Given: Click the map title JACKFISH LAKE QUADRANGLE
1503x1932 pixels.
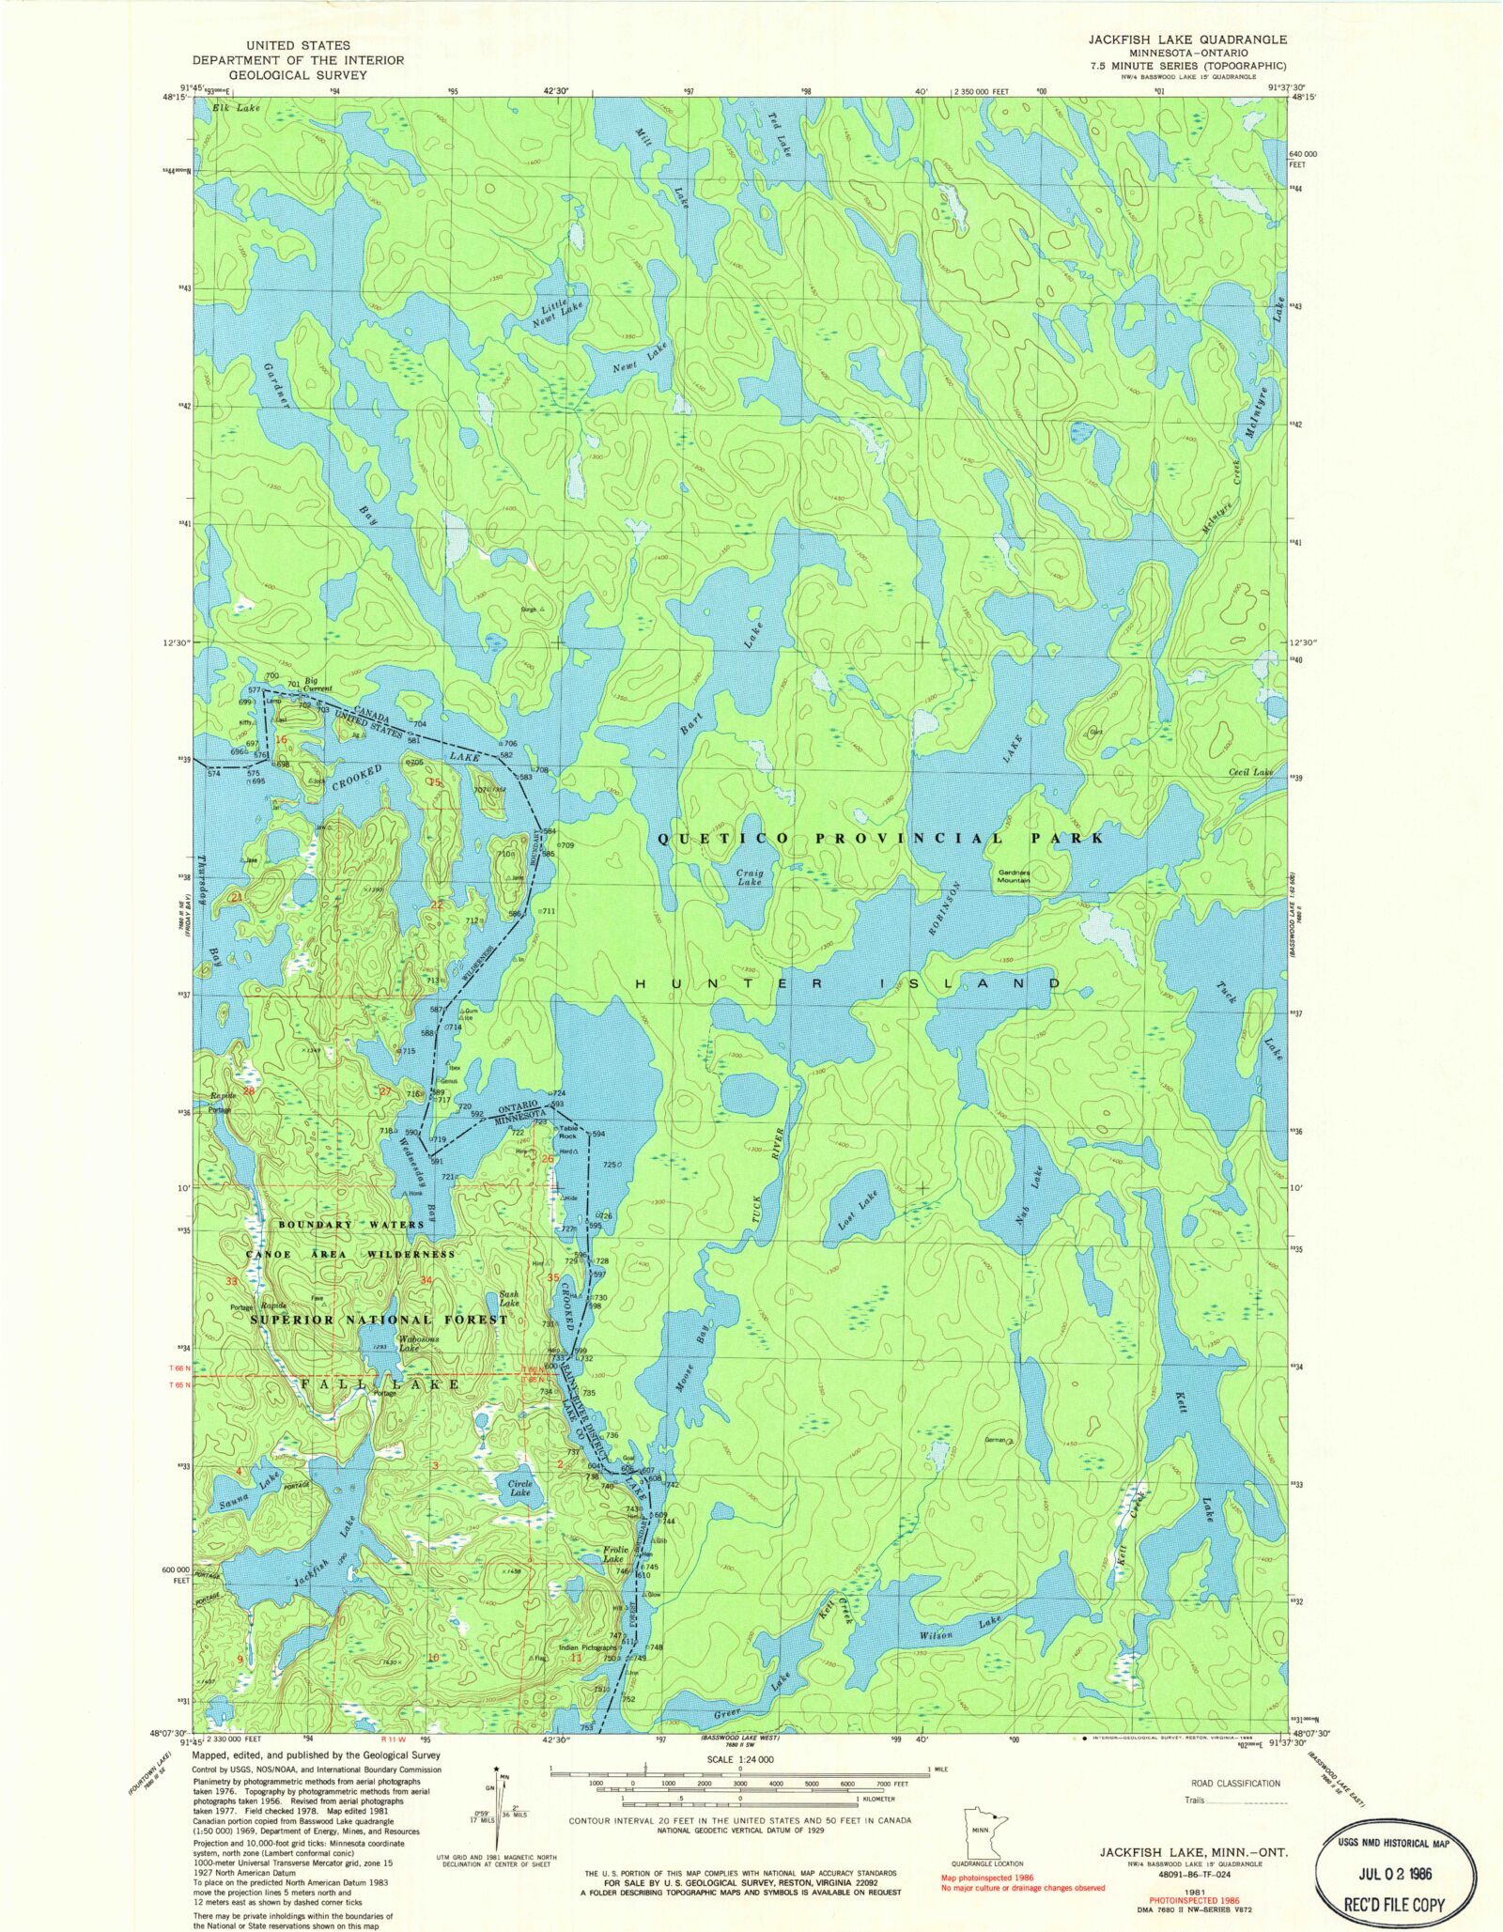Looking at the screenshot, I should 1187,39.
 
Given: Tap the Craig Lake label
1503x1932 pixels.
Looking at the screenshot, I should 750,877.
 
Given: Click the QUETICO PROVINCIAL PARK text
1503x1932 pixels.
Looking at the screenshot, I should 880,838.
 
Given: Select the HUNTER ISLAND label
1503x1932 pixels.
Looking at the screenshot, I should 848,983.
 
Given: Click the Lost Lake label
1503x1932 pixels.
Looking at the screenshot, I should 857,1211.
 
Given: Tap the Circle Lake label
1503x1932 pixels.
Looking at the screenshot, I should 519,1488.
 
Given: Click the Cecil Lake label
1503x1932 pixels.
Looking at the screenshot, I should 1250,772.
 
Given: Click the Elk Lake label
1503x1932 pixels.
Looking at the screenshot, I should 236,108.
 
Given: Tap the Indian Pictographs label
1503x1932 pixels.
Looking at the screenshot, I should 588,1647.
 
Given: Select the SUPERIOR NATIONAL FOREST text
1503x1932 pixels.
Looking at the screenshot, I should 379,1320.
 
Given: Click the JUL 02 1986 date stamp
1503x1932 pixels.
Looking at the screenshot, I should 1393,1873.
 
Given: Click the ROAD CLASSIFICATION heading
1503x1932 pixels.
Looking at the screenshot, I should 1234,1783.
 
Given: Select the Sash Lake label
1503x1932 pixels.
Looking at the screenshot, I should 509,1299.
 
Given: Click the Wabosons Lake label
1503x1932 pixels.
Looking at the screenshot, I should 410,1343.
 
